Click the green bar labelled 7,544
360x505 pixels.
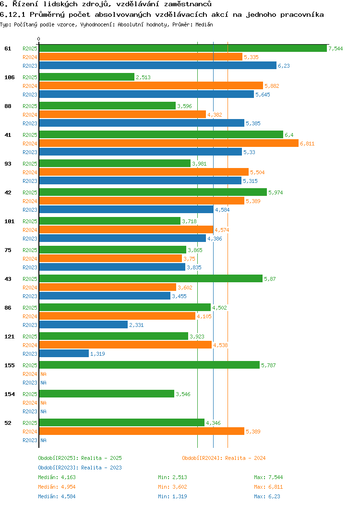(x=182, y=48)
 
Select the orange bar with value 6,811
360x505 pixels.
(x=168, y=143)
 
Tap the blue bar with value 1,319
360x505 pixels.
(x=64, y=353)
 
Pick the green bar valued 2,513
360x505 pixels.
(x=86, y=77)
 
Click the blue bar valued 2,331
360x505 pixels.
(x=83, y=325)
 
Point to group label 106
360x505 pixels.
(x=9, y=77)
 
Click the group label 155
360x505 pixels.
(x=9, y=365)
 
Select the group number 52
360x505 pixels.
(x=8, y=423)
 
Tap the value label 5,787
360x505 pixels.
(x=268, y=365)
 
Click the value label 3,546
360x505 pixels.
(x=183, y=394)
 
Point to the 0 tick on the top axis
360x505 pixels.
(x=39, y=39)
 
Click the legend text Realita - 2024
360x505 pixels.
(x=245, y=458)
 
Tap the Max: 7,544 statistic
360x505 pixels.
(x=268, y=477)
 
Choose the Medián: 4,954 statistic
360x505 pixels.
(x=57, y=487)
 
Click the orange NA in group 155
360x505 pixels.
(x=43, y=374)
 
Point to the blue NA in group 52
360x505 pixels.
(x=43, y=440)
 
